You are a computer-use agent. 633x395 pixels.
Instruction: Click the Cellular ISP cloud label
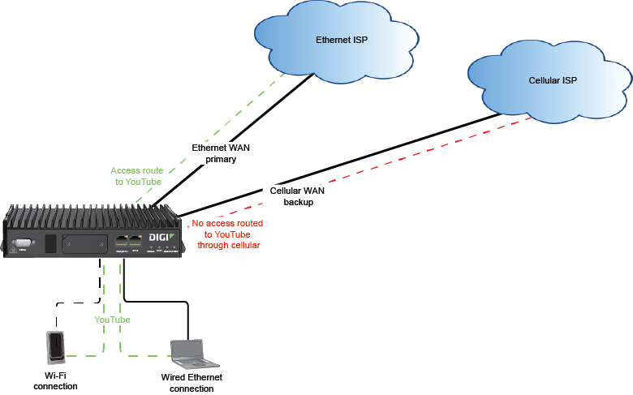click(552, 81)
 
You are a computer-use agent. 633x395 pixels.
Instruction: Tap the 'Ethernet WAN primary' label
click(214, 154)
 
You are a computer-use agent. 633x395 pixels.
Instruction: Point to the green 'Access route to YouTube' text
click(136, 176)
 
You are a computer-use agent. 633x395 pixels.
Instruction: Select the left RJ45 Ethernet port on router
click(121, 241)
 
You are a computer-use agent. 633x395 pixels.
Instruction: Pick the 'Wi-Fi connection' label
click(55, 381)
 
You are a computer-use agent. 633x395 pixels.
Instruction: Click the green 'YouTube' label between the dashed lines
click(112, 320)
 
